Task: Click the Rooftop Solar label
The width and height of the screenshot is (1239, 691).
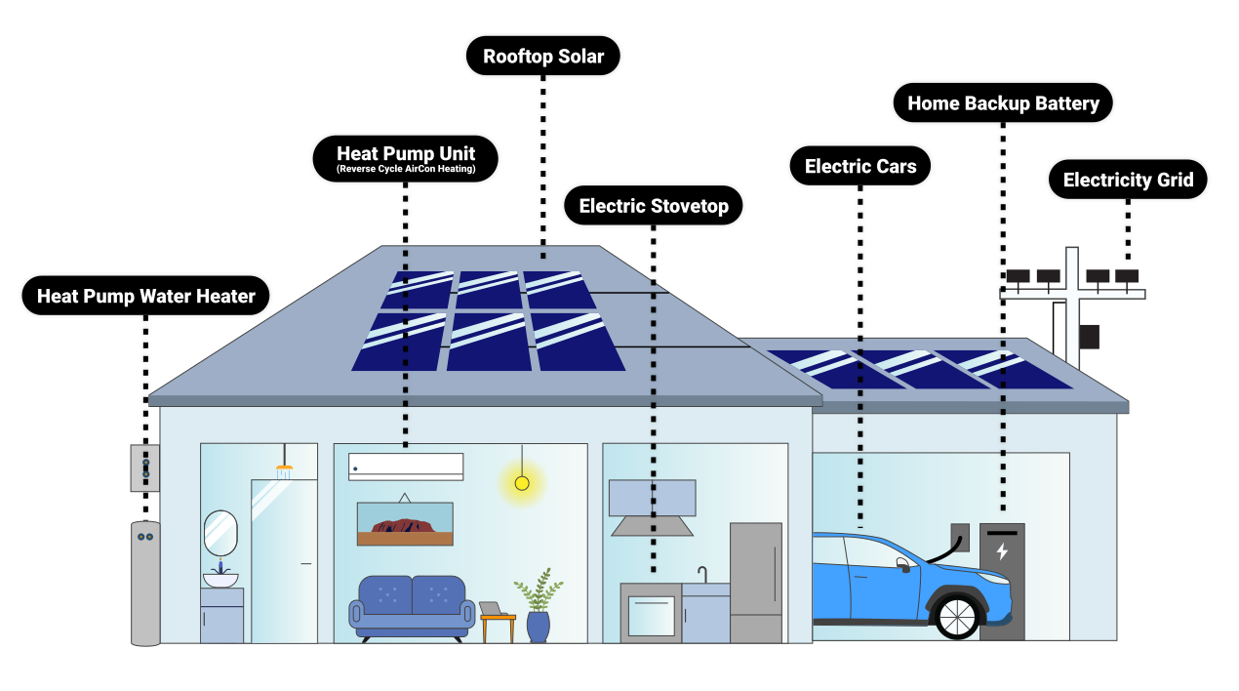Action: pyautogui.click(x=543, y=57)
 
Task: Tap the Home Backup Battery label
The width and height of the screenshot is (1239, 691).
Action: pyautogui.click(x=1003, y=103)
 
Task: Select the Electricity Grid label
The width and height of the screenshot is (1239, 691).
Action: pyautogui.click(x=1128, y=181)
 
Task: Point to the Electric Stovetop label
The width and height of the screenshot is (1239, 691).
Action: pyautogui.click(x=654, y=206)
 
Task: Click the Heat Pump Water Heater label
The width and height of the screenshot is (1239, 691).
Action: pyautogui.click(x=146, y=296)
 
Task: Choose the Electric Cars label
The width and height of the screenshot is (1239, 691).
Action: pyautogui.click(x=860, y=167)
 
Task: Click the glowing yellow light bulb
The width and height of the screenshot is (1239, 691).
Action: pyautogui.click(x=522, y=483)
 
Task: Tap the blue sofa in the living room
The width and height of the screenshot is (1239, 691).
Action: pyautogui.click(x=412, y=605)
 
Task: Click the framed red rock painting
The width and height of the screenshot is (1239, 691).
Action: pyautogui.click(x=405, y=524)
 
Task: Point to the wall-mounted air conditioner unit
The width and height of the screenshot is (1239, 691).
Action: pyautogui.click(x=406, y=467)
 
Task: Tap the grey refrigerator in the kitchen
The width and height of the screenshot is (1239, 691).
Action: pyautogui.click(x=756, y=582)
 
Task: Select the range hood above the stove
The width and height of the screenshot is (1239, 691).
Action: pyautogui.click(x=652, y=508)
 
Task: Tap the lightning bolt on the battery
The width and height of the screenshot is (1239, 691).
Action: pyautogui.click(x=1002, y=551)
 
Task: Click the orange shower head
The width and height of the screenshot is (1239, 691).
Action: pyautogui.click(x=284, y=471)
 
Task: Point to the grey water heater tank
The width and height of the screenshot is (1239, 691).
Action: pyautogui.click(x=145, y=584)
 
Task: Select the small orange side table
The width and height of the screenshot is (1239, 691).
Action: pyautogui.click(x=498, y=625)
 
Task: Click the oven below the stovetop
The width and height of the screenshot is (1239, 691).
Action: pyautogui.click(x=651, y=616)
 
